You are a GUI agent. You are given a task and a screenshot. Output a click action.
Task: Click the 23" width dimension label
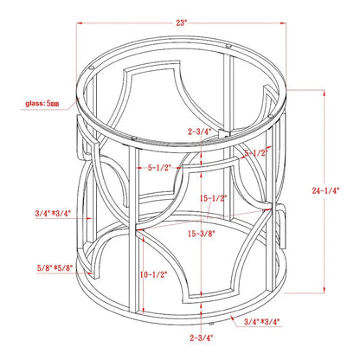(182, 22)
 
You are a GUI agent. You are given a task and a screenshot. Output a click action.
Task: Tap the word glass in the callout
(35, 103)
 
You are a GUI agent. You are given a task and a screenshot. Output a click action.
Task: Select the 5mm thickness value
(53, 103)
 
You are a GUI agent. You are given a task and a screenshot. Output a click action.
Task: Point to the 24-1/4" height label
(325, 190)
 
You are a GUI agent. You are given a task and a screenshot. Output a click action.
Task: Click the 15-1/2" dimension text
(214, 198)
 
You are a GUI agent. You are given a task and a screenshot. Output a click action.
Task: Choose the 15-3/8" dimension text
(202, 234)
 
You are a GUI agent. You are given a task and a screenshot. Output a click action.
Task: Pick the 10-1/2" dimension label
(154, 274)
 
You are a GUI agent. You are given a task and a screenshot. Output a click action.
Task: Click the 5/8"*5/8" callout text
(55, 267)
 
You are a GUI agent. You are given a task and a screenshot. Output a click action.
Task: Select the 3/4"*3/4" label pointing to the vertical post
(53, 214)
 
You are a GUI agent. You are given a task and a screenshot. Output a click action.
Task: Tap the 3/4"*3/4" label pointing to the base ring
(262, 321)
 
